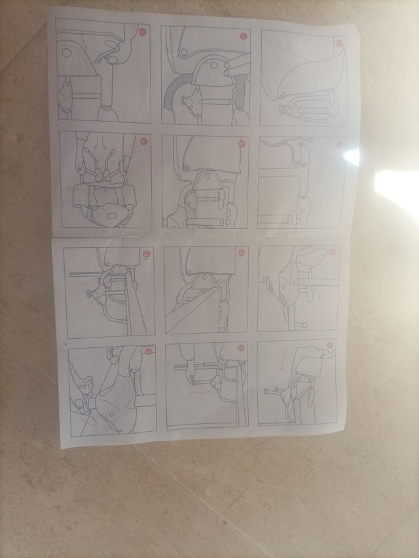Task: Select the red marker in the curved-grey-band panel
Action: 243,37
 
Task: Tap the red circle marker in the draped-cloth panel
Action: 338,43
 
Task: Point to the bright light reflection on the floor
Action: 398,190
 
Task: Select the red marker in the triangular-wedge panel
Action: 241,252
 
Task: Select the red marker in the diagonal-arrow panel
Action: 148,351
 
